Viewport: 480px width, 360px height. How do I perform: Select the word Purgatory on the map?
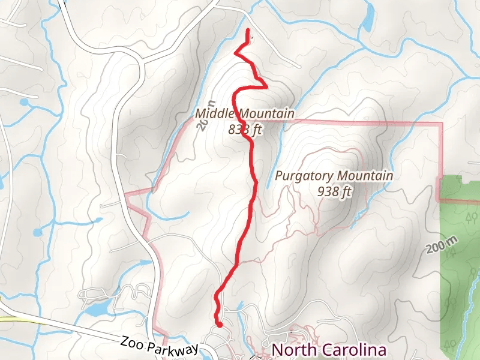coord(305,176)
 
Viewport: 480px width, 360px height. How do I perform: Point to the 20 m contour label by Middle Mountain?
coord(202,124)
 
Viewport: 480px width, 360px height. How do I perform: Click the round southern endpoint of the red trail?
coord(220,325)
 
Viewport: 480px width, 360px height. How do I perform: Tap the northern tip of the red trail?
coord(248,30)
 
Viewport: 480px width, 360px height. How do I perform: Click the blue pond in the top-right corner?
coord(367,23)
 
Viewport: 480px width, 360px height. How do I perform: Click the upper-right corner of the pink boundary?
coord(442,124)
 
